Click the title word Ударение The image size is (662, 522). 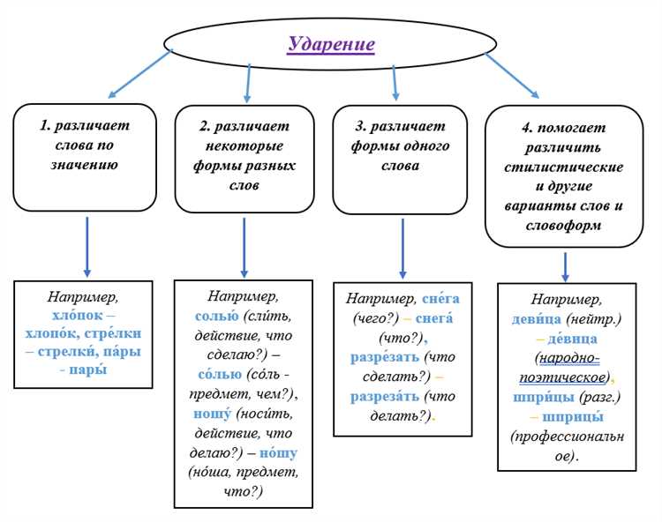(x=331, y=44)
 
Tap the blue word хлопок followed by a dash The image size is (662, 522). (x=78, y=315)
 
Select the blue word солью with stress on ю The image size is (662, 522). (x=216, y=316)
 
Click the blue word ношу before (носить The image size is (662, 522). (x=213, y=414)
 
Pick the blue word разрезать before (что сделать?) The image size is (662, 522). (x=385, y=357)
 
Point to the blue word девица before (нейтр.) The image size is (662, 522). (x=536, y=319)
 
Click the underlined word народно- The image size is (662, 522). (x=569, y=358)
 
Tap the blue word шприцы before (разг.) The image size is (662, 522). (x=544, y=397)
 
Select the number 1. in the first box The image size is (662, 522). (x=45, y=125)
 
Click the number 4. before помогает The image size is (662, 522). (x=527, y=127)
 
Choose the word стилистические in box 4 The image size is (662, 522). (x=564, y=167)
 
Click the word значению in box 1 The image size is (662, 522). (x=85, y=164)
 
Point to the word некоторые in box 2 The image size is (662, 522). (x=244, y=145)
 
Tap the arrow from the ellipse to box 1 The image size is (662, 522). (x=139, y=74)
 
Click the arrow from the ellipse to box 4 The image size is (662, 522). (x=512, y=76)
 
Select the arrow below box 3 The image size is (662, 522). (x=402, y=249)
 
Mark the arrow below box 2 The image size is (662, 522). (x=244, y=248)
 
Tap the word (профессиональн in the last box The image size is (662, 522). (x=567, y=436)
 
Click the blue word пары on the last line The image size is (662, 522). (x=87, y=369)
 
